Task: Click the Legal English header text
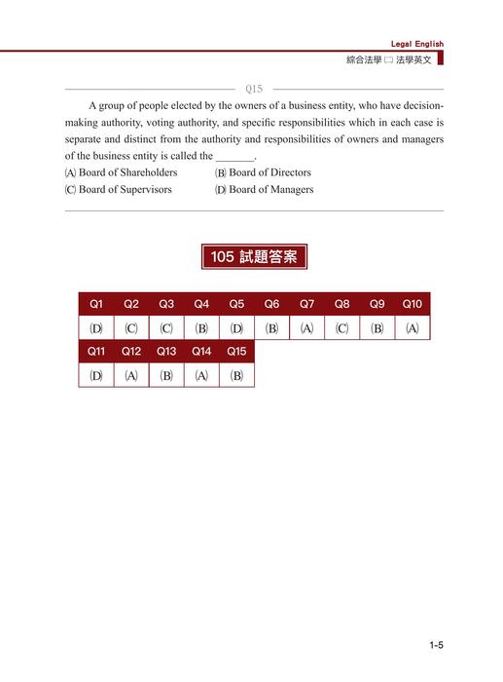pyautogui.click(x=416, y=44)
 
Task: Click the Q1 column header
pyautogui.click(x=96, y=304)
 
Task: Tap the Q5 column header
pyautogui.click(x=236, y=304)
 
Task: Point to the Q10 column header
pyautogui.click(x=412, y=304)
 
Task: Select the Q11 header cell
pyautogui.click(x=96, y=351)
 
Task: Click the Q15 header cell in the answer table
pyautogui.click(x=236, y=351)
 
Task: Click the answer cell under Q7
pyautogui.click(x=306, y=328)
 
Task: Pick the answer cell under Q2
pyautogui.click(x=131, y=328)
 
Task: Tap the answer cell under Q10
pyautogui.click(x=412, y=328)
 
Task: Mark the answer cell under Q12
pyautogui.click(x=131, y=375)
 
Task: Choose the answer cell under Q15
pyautogui.click(x=236, y=375)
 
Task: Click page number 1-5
pyautogui.click(x=435, y=644)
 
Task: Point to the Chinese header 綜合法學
pyautogui.click(x=366, y=59)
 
